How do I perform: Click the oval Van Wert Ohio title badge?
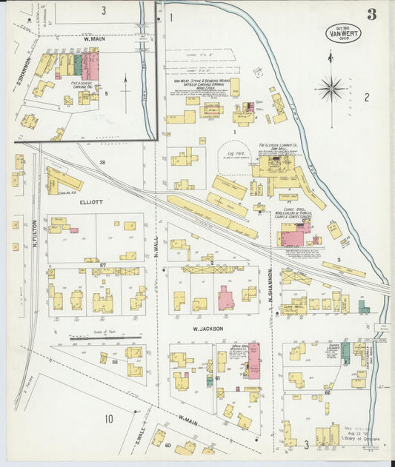click(x=343, y=33)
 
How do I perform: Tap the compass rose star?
click(x=331, y=88)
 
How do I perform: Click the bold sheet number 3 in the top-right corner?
click(x=371, y=14)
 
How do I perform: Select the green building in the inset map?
click(x=78, y=64)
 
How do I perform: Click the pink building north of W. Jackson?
click(x=225, y=298)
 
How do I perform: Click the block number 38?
click(x=103, y=161)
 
